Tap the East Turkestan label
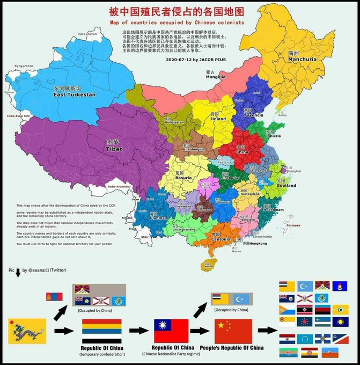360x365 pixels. click(x=74, y=94)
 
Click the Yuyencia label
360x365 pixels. click(x=254, y=115)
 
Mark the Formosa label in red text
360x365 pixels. click(x=307, y=225)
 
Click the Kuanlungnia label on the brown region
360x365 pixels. click(x=194, y=149)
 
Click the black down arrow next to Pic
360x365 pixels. click(x=18, y=273)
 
